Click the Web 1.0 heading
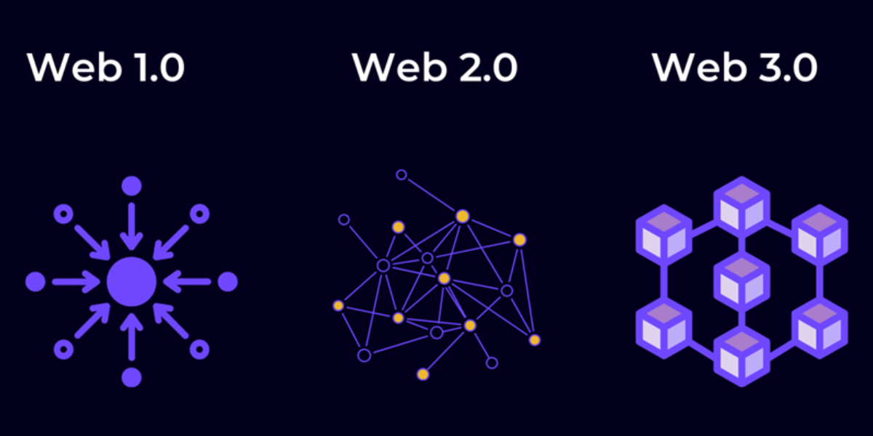[x=105, y=68]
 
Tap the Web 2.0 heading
[x=435, y=68]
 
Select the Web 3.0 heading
[x=735, y=68]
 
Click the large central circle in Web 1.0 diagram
[x=132, y=281]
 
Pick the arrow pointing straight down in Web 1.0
[x=132, y=226]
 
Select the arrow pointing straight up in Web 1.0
[x=132, y=336]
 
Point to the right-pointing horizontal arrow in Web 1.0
[x=76, y=281]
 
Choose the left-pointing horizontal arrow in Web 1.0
[x=187, y=281]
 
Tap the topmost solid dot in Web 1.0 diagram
[x=132, y=186]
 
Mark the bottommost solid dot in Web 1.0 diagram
[x=132, y=377]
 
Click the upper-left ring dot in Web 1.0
[x=63, y=214]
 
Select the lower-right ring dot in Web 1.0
[x=199, y=350]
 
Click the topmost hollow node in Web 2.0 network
[x=402, y=175]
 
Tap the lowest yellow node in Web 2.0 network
[x=423, y=374]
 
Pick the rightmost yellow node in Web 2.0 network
[x=535, y=340]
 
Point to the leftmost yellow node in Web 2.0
[x=338, y=306]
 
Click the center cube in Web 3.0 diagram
[x=742, y=281]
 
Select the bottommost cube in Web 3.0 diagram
[x=742, y=357]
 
